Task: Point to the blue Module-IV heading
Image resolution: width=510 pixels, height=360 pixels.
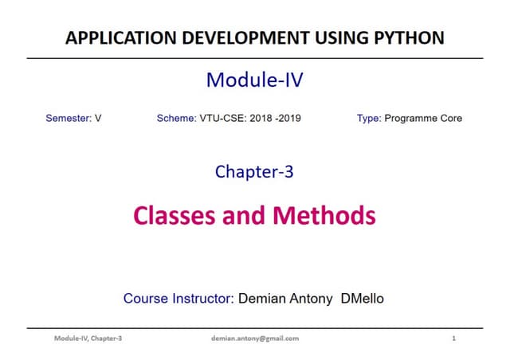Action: [255, 80]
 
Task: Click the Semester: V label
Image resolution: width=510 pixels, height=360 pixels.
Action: [74, 119]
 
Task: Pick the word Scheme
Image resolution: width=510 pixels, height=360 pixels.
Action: [176, 119]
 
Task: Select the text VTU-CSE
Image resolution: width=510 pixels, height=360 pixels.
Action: [224, 119]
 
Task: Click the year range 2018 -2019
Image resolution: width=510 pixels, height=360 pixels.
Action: [276, 119]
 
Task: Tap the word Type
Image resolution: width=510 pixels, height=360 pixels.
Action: [369, 119]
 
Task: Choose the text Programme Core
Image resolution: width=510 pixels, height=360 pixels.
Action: [423, 119]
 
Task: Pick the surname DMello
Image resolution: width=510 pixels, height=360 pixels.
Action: [363, 299]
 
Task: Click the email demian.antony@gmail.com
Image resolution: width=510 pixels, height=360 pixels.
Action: [254, 338]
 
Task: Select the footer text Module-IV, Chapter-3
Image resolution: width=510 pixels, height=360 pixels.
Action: [88, 338]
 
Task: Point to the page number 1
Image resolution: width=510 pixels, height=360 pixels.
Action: [453, 338]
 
